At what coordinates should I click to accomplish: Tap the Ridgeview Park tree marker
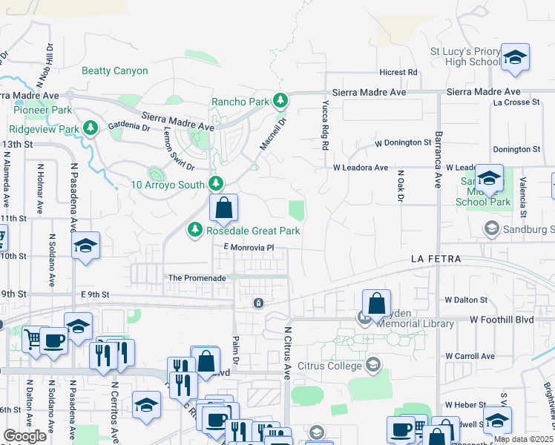pyautogui.click(x=91, y=128)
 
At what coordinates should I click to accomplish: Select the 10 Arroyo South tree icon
pyautogui.click(x=216, y=183)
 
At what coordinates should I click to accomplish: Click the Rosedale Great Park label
pyautogui.click(x=253, y=231)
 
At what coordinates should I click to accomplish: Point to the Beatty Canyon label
pyautogui.click(x=115, y=71)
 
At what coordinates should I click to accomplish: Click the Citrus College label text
pyautogui.click(x=328, y=365)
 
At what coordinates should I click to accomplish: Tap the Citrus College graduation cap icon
pyautogui.click(x=372, y=364)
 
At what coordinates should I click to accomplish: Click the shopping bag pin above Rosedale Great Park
pyautogui.click(x=223, y=209)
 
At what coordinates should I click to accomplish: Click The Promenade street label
pyautogui.click(x=197, y=278)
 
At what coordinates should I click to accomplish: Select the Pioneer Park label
pyautogui.click(x=43, y=110)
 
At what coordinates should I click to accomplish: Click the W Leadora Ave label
pyautogui.click(x=361, y=168)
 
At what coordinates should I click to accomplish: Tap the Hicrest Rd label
pyautogui.click(x=398, y=73)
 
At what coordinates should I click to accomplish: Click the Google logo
pyautogui.click(x=24, y=435)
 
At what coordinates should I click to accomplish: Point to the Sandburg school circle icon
pyautogui.click(x=490, y=229)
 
